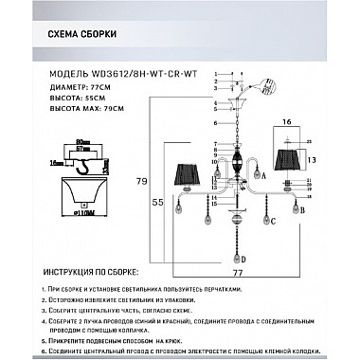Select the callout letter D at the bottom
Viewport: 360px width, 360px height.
(243, 260)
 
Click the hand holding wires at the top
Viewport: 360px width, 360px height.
(267, 86)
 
